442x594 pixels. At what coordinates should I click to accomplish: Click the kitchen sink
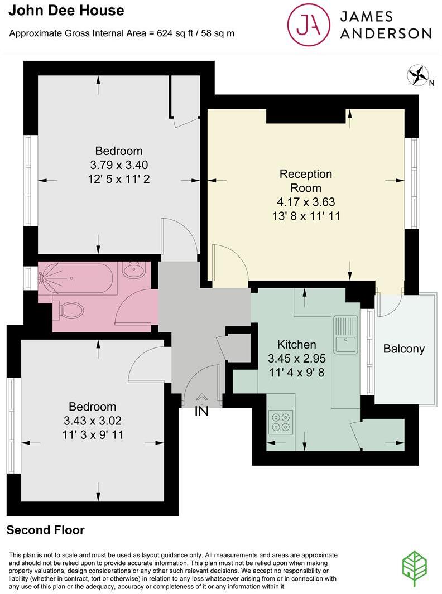[x=345, y=334]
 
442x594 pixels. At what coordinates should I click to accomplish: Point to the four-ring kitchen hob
[x=281, y=422]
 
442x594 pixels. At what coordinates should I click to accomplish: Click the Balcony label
[x=404, y=349]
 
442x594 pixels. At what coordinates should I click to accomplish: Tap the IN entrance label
[x=201, y=412]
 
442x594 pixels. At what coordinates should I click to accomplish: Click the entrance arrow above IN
[x=201, y=398]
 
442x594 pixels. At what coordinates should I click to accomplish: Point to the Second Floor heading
[x=46, y=530]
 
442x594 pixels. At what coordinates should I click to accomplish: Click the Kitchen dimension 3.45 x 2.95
[x=297, y=359]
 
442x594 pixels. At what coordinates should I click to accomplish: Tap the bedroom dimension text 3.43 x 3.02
[x=93, y=421]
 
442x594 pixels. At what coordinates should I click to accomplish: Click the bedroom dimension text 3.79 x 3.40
[x=119, y=165]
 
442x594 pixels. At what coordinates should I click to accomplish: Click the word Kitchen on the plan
[x=297, y=345]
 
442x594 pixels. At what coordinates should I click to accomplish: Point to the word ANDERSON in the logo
[x=386, y=33]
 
